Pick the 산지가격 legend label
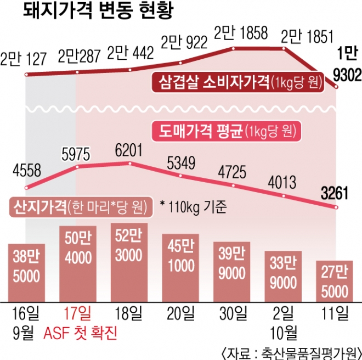[x=77, y=207]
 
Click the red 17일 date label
[x=78, y=314]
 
